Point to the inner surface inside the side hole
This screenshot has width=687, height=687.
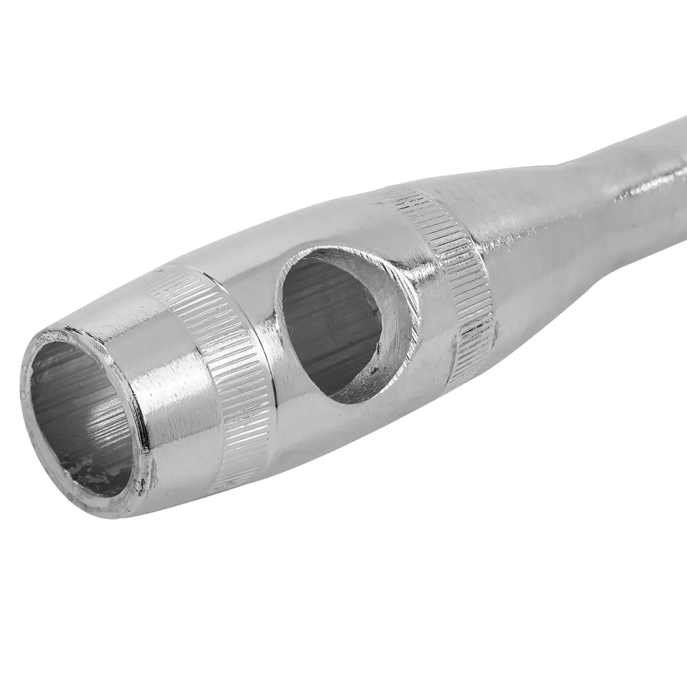[324, 318]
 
